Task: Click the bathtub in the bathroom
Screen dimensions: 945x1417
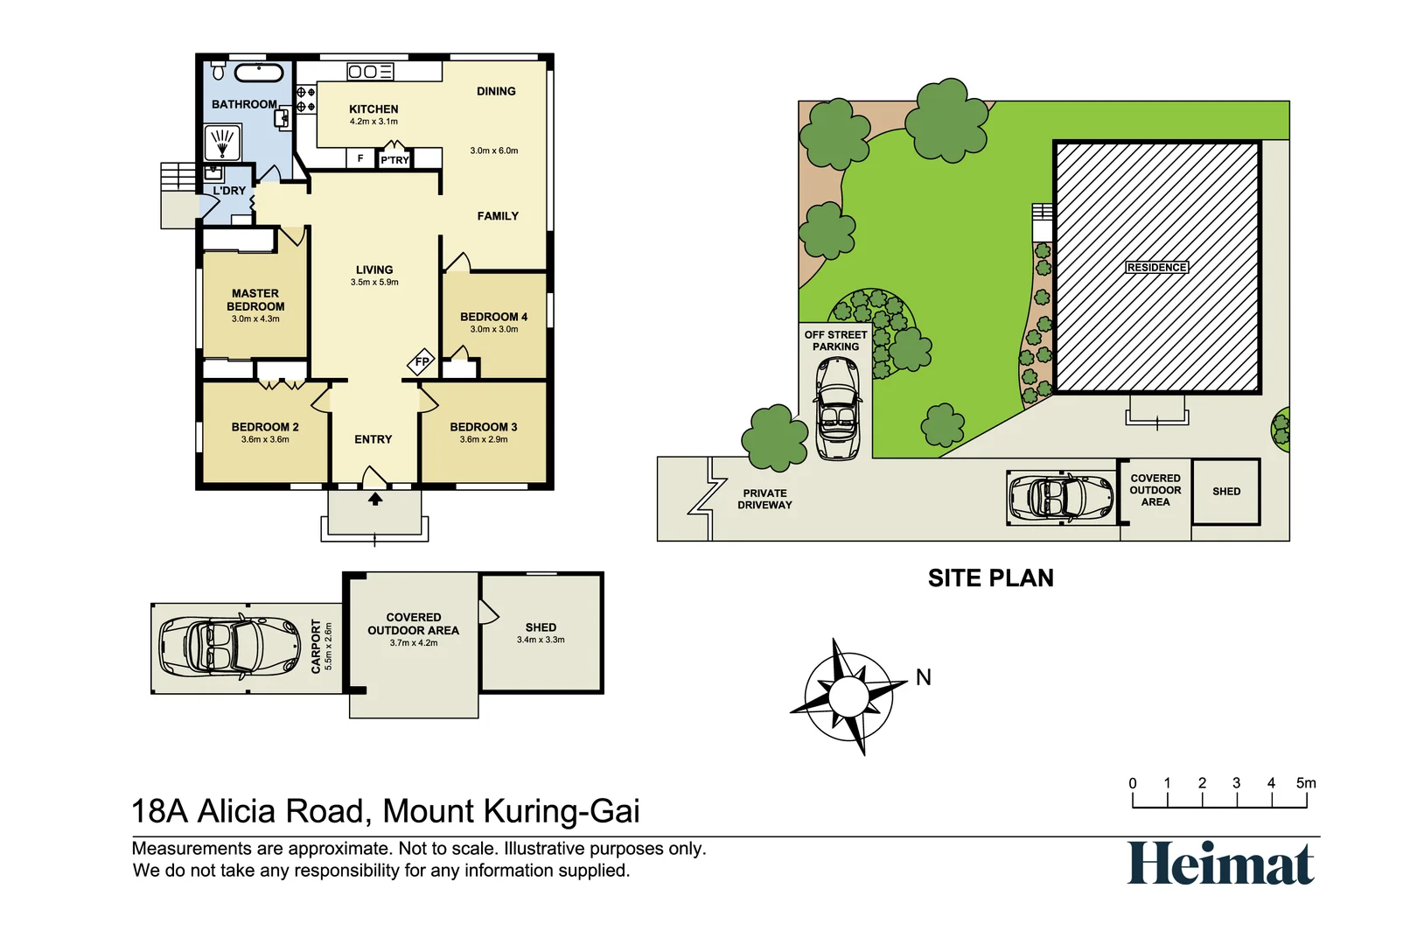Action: click(259, 73)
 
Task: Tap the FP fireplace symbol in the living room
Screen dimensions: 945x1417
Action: click(422, 361)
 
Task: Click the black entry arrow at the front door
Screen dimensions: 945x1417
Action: click(375, 499)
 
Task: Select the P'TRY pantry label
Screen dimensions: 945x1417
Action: click(394, 160)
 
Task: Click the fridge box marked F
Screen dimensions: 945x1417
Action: click(360, 158)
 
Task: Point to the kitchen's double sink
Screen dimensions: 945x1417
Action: click(370, 72)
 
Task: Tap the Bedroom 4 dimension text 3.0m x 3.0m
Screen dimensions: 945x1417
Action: click(494, 330)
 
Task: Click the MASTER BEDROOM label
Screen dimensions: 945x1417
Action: click(255, 300)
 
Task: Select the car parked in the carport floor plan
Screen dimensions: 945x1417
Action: click(229, 647)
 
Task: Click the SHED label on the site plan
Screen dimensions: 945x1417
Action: click(1226, 492)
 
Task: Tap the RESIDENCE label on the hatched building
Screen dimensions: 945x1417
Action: click(1156, 268)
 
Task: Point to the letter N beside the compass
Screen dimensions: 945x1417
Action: click(924, 677)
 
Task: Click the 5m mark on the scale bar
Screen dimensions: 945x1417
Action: click(1306, 784)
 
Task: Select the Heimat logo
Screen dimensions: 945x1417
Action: click(1220, 864)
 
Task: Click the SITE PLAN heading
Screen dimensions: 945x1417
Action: click(990, 578)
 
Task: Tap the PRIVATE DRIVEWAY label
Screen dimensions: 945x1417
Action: click(764, 499)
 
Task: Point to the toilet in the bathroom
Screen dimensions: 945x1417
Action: click(219, 70)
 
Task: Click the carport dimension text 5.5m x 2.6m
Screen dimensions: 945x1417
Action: click(329, 647)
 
